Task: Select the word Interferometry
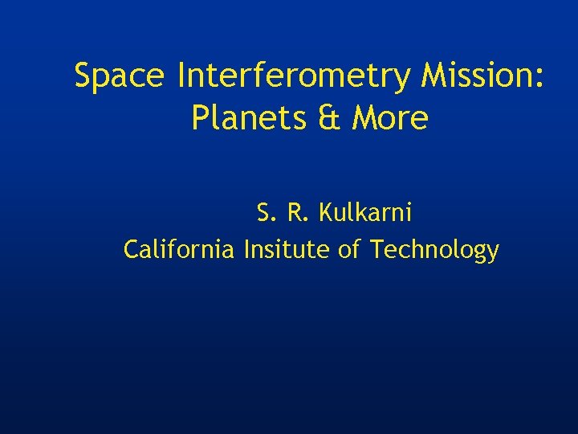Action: tap(294, 77)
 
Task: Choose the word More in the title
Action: tap(390, 119)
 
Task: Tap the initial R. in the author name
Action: tap(297, 213)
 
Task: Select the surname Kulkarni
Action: tap(365, 213)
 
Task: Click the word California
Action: tap(179, 250)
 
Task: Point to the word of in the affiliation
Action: tap(349, 250)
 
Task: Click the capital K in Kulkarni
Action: tap(326, 213)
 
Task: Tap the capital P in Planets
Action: tap(200, 119)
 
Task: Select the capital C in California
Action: tap(131, 250)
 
